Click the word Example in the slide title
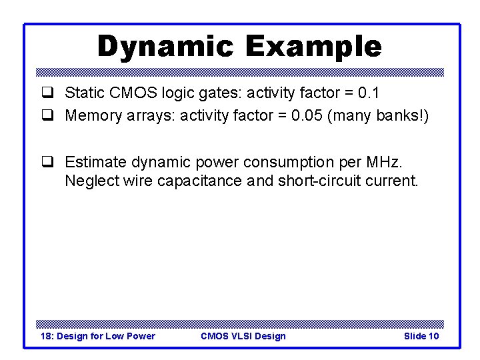(x=313, y=47)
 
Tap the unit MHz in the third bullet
(x=387, y=162)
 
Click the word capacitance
(x=201, y=181)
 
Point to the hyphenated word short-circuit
(x=319, y=181)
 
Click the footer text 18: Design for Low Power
(x=98, y=336)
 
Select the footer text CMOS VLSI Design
(x=243, y=336)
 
